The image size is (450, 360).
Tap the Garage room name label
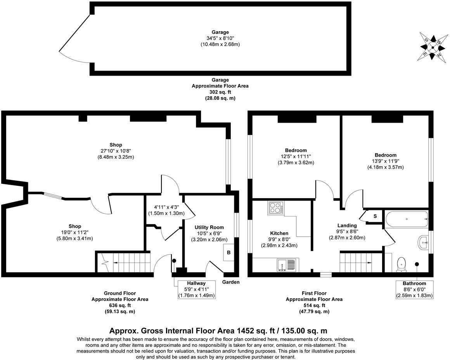click(x=220, y=32)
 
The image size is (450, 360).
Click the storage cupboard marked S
click(x=375, y=216)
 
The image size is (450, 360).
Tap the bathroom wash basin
click(x=424, y=244)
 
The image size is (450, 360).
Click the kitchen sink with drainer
click(x=286, y=265)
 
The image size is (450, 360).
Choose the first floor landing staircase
click(x=359, y=262)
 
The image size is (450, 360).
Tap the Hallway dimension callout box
click(x=196, y=289)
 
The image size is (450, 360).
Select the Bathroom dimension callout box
click(x=414, y=289)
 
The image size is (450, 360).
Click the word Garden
click(x=231, y=282)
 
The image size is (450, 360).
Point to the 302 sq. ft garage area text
click(x=220, y=92)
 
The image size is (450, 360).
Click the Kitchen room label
click(x=279, y=233)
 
